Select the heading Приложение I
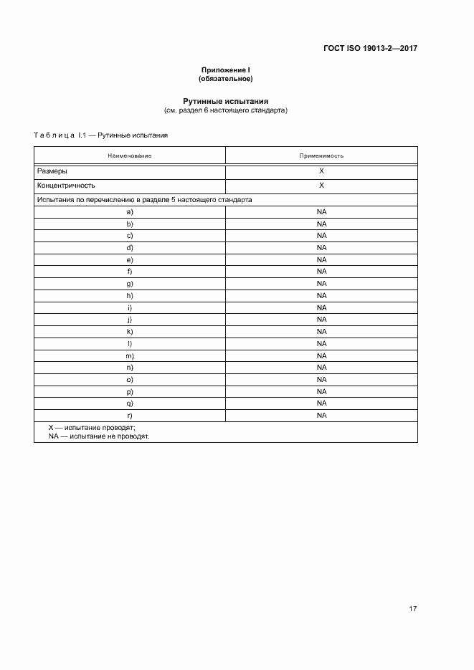[226, 70]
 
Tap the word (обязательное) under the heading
[226, 78]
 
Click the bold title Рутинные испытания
[226, 102]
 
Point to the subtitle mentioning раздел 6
[226, 111]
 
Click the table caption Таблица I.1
[101, 135]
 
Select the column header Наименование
[130, 155]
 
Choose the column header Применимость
[321, 155]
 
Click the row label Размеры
[52, 172]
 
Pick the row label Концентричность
[65, 186]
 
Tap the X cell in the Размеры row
[321, 172]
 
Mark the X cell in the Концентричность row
[321, 186]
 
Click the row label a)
[130, 212]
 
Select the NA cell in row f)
[321, 272]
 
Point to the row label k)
[130, 332]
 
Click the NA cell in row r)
[321, 416]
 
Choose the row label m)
[130, 355]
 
